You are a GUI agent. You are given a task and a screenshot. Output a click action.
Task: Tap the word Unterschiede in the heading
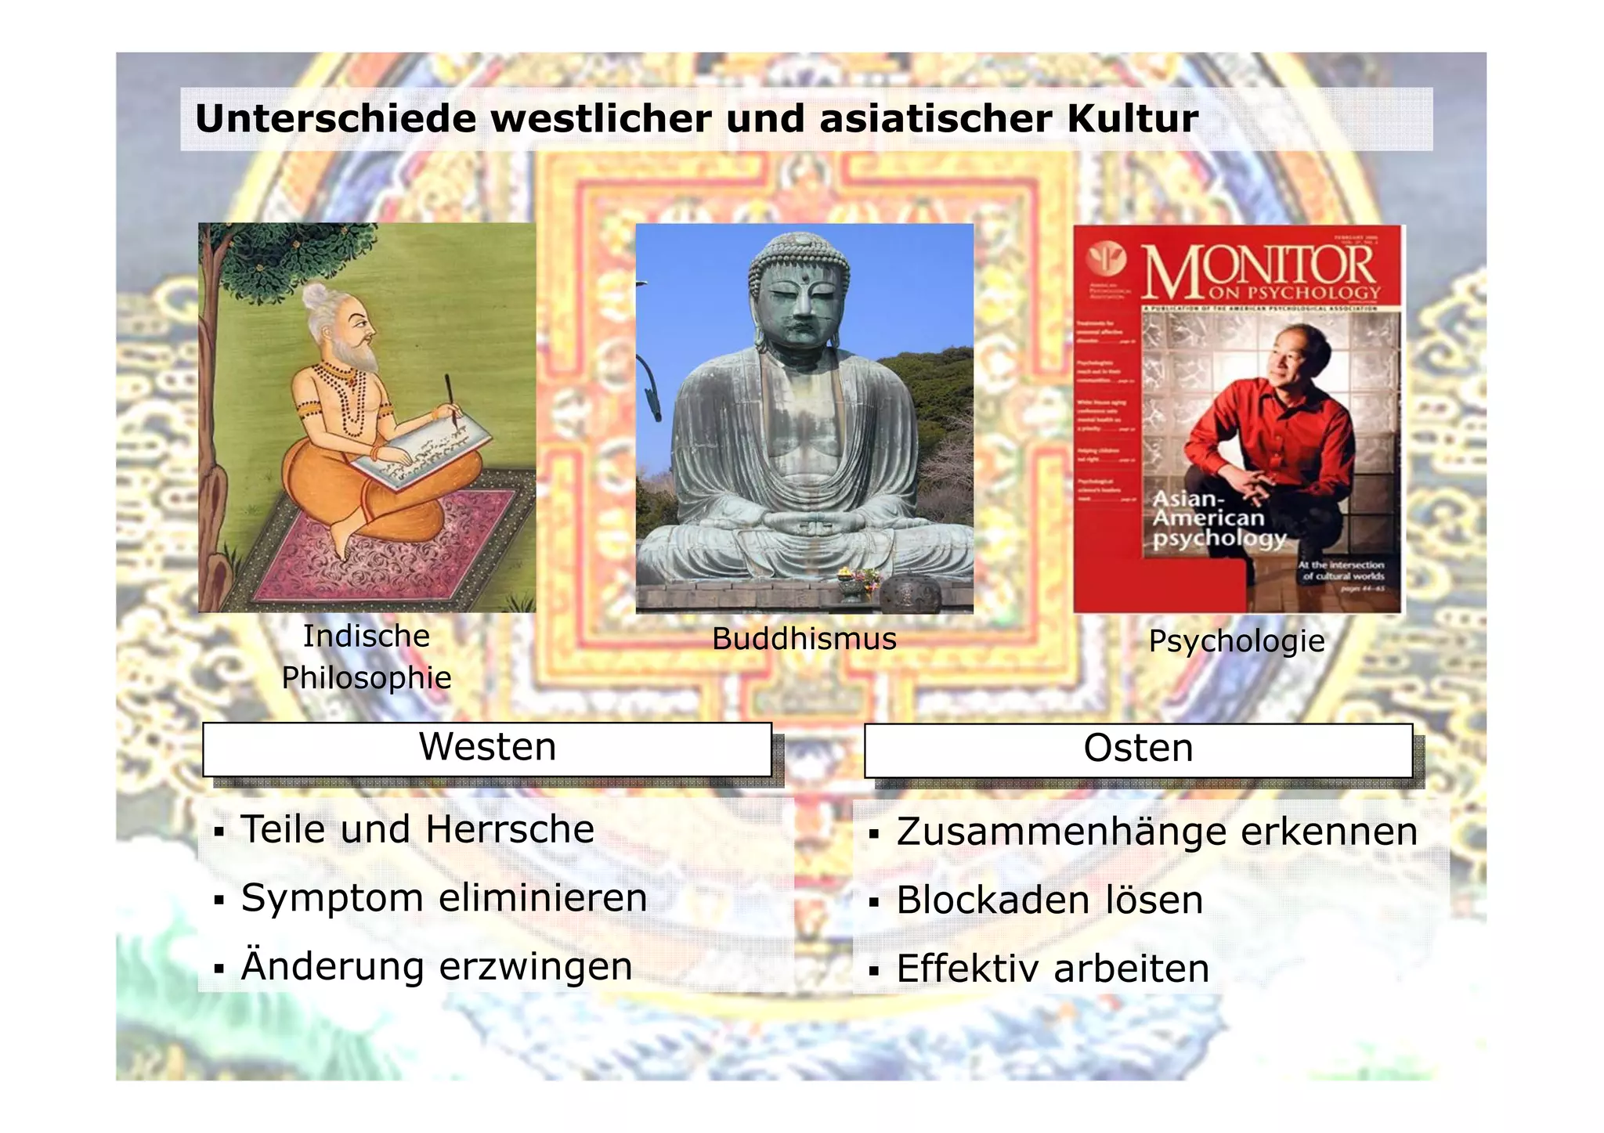[335, 119]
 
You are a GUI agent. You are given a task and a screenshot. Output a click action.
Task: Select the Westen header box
[487, 749]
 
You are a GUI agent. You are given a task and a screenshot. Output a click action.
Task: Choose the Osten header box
[1138, 750]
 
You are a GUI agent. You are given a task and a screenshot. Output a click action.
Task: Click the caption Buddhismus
[804, 639]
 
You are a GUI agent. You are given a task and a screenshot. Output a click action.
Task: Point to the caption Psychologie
[1236, 641]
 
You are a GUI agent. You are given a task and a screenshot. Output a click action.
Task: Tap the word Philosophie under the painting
[367, 678]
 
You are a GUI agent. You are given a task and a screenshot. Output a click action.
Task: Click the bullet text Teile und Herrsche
[417, 829]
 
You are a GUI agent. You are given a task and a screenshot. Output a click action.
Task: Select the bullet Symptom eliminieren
[444, 897]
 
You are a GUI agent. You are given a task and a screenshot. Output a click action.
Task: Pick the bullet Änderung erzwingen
[436, 966]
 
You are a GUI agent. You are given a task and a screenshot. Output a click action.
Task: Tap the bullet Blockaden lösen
[1049, 900]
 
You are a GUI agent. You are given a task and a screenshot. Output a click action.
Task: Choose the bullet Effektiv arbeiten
[1053, 969]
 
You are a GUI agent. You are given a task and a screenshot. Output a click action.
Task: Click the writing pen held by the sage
[452, 399]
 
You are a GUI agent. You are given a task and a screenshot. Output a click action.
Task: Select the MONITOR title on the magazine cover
[1259, 270]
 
